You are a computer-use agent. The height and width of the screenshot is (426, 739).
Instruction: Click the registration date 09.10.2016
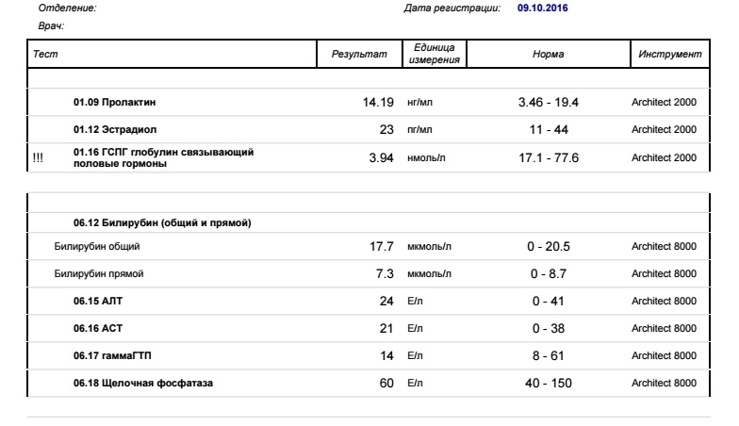tap(543, 8)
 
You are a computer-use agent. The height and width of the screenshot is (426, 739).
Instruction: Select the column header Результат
tap(359, 55)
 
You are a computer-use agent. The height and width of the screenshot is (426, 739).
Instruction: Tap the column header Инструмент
tap(668, 55)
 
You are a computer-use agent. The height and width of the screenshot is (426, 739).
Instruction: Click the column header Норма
tap(549, 55)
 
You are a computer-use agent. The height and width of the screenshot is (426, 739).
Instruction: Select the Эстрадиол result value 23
tap(386, 129)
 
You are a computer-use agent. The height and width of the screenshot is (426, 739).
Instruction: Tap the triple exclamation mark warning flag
tap(38, 157)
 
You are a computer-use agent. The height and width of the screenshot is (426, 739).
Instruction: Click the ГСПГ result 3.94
tap(381, 157)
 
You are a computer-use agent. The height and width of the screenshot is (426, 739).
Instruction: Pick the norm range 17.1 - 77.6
tap(549, 157)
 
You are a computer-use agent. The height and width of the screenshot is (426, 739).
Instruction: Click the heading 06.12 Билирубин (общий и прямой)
tap(161, 222)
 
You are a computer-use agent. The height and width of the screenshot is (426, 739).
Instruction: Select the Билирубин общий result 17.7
tap(381, 247)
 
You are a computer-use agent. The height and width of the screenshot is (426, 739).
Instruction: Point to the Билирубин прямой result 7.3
tap(384, 274)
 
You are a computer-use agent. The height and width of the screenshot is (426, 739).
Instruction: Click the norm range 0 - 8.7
tap(549, 274)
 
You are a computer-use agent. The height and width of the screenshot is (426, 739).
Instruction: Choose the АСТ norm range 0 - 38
tap(549, 328)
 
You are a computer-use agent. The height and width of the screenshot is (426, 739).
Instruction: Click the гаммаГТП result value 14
tap(386, 355)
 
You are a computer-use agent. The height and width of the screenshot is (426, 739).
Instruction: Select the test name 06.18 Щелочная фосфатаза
tap(142, 383)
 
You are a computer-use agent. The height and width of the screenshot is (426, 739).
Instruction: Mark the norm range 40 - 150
tap(549, 383)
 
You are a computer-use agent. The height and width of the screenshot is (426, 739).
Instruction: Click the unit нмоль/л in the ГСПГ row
tap(429, 157)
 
